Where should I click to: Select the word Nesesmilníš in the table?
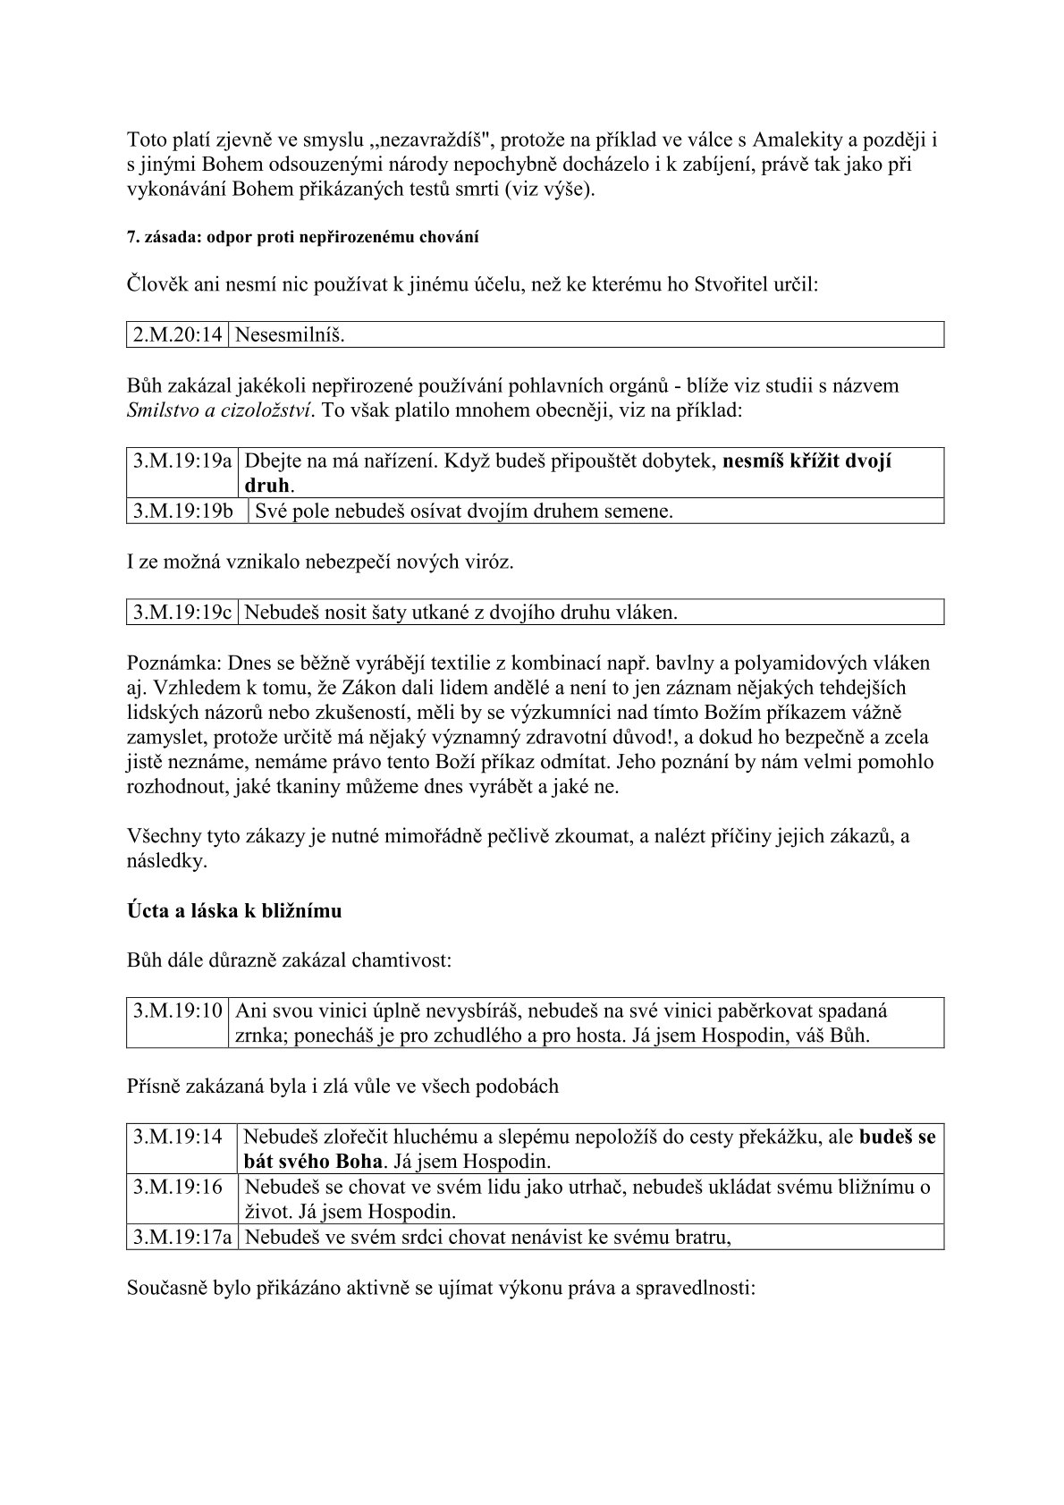[289, 335]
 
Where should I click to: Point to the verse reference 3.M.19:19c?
[182, 613]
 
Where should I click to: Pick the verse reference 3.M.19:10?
[178, 1011]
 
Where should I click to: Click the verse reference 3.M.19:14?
[178, 1137]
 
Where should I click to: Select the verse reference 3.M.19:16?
[178, 1188]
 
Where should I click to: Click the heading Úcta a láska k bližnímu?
[234, 911]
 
